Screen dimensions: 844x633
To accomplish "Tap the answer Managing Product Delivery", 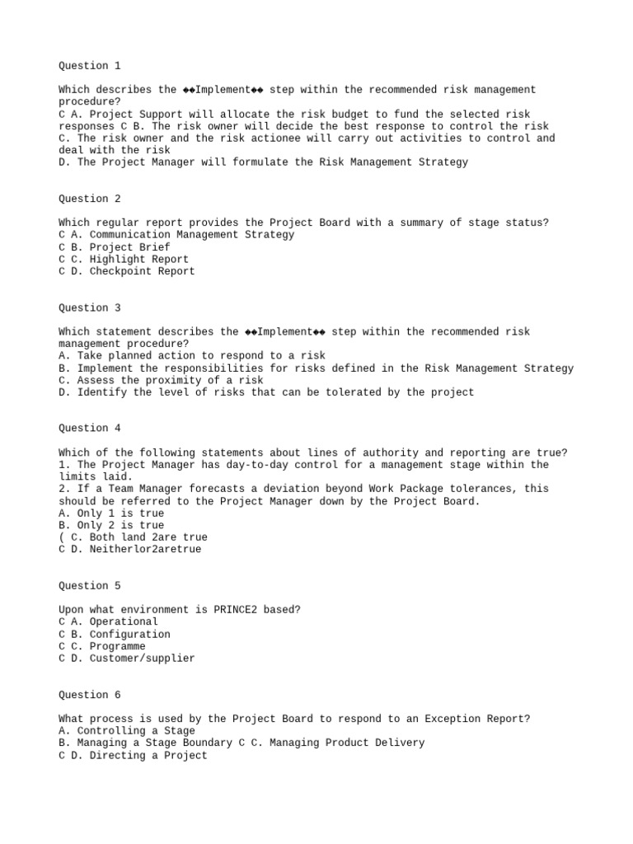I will click(x=346, y=743).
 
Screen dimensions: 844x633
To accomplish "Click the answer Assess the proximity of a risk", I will click(x=161, y=381).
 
